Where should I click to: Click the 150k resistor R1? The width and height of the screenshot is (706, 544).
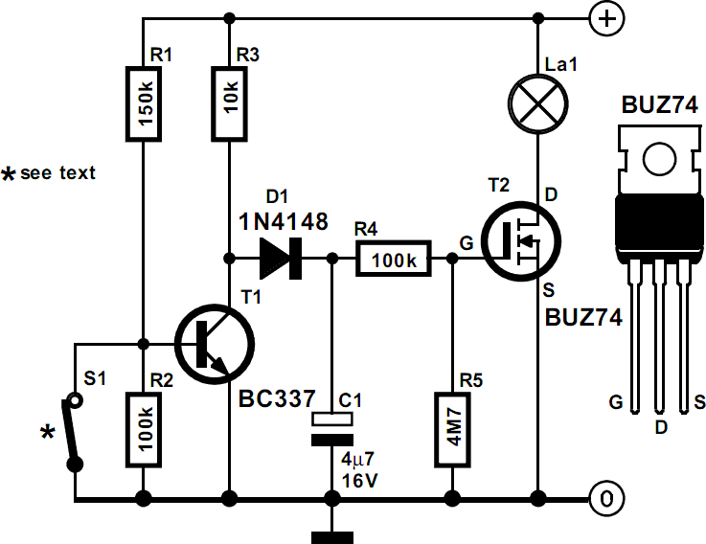[143, 103]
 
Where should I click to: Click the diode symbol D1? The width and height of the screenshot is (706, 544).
[281, 258]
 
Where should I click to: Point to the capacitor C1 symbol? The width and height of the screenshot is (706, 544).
[331, 428]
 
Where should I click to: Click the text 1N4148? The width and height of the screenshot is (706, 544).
[283, 222]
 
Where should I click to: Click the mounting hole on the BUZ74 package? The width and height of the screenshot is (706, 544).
[658, 155]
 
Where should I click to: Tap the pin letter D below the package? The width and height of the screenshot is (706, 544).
[658, 422]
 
